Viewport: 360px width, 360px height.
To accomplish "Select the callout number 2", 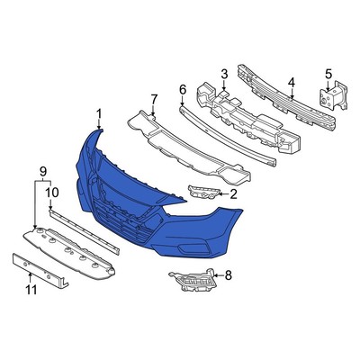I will pyautogui.click(x=233, y=193).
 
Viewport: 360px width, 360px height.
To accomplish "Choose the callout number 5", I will pyautogui.click(x=328, y=73).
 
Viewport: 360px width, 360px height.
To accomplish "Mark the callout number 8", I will pyautogui.click(x=228, y=276).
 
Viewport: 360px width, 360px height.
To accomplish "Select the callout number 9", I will pyautogui.click(x=41, y=170).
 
